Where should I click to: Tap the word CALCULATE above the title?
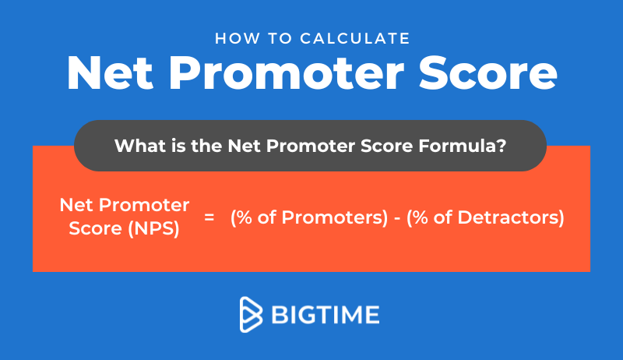(x=355, y=38)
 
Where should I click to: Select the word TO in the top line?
(x=280, y=38)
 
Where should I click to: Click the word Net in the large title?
(x=110, y=73)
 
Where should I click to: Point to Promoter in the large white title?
(x=287, y=73)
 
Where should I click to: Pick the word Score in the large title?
(x=488, y=73)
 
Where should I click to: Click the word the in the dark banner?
(x=206, y=146)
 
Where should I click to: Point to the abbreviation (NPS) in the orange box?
(x=153, y=229)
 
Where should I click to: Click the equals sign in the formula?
(x=209, y=217)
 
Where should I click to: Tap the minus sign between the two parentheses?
(x=397, y=217)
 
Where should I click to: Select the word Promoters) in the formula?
(x=335, y=217)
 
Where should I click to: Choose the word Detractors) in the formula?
(x=511, y=217)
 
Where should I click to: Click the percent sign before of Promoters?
(x=244, y=217)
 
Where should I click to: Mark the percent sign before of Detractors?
(x=421, y=217)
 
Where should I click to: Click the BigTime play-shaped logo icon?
(x=251, y=314)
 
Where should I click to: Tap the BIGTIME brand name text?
(x=326, y=315)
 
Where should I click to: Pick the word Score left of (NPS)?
(x=95, y=228)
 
